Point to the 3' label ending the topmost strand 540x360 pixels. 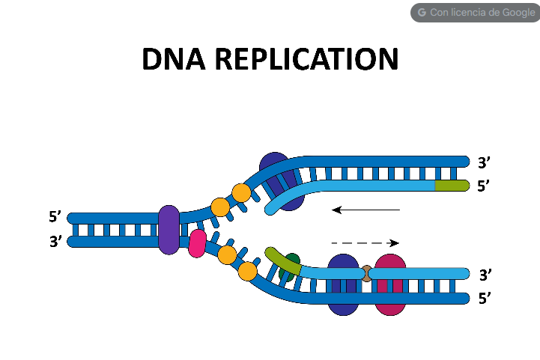[x=484, y=162]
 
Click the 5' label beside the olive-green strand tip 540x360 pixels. [x=484, y=186]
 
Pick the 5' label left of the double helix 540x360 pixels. [x=55, y=218]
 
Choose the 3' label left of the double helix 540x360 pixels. [x=55, y=242]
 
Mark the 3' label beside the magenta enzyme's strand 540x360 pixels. [x=484, y=275]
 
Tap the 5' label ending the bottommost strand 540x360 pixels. [x=484, y=299]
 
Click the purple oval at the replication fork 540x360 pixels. [x=169, y=229]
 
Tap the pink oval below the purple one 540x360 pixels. [x=197, y=244]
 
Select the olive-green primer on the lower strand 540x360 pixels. [x=282, y=260]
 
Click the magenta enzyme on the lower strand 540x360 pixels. [x=390, y=284]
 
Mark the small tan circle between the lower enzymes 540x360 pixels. [x=366, y=273]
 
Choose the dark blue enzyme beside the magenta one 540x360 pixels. [x=343, y=284]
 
